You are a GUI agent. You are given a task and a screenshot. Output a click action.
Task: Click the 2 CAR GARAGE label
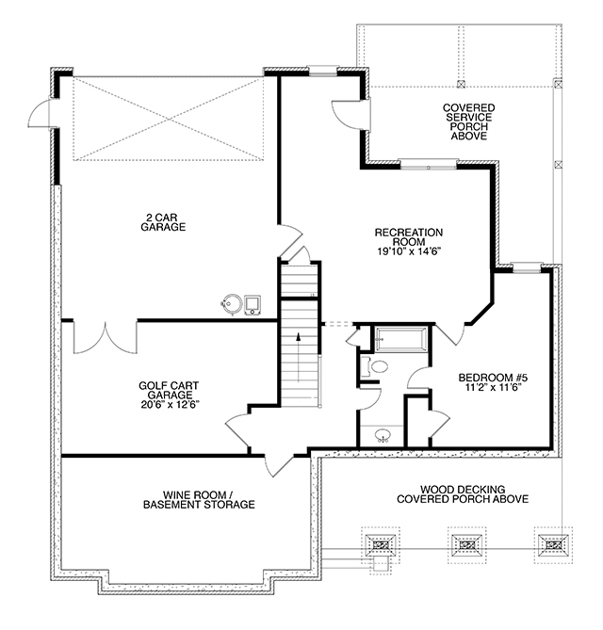tap(163, 222)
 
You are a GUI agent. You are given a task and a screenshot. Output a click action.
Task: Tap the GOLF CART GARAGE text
tap(169, 390)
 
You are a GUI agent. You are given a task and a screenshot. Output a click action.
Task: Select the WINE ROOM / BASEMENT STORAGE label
tap(199, 500)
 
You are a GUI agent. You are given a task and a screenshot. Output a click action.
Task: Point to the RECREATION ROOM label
tap(409, 237)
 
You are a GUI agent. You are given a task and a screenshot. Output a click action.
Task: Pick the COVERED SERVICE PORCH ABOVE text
tap(468, 121)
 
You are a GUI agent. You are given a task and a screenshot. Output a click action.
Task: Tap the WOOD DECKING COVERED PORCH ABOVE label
tap(463, 494)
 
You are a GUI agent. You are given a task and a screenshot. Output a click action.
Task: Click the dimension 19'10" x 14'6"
tap(409, 251)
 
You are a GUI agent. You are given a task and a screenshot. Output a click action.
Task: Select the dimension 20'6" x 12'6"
tap(170, 405)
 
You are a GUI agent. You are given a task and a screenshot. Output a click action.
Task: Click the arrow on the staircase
tap(299, 357)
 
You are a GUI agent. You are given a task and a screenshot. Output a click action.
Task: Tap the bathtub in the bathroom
tap(401, 340)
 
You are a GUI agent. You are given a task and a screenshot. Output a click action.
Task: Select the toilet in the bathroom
tap(375, 366)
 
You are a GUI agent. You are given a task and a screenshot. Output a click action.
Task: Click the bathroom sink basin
tap(383, 435)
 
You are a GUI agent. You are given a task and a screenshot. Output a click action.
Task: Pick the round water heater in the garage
tap(232, 304)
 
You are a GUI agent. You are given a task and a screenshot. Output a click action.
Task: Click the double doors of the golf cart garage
tap(106, 337)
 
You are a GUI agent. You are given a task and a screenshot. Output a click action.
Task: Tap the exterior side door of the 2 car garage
tap(40, 113)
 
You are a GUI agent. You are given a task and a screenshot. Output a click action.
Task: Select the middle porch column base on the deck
tap(466, 545)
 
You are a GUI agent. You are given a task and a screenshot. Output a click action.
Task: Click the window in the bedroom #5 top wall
tap(526, 267)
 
